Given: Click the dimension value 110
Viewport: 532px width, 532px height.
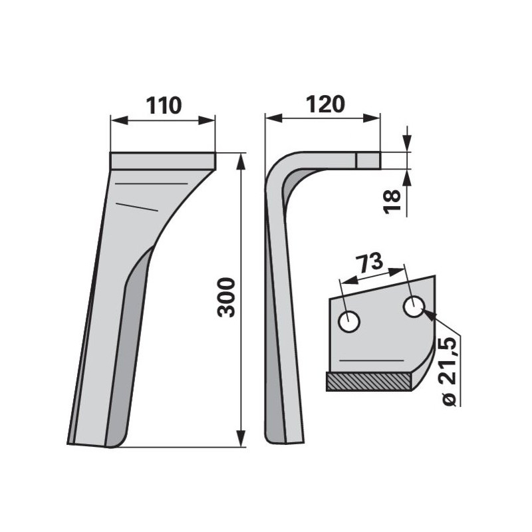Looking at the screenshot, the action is click(x=164, y=106).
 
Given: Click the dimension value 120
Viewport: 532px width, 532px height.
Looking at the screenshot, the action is click(x=325, y=104).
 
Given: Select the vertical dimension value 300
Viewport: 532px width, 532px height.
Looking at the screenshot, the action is click(x=226, y=297).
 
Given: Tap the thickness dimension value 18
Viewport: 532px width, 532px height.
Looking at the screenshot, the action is click(x=392, y=202).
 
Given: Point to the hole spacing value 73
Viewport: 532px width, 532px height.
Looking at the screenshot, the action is click(x=369, y=263).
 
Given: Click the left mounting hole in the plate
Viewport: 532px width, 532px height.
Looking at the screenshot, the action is click(x=349, y=321).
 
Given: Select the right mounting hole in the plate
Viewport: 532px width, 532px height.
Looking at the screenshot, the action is click(x=414, y=307).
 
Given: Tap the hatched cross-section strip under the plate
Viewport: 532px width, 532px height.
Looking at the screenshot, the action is click(x=369, y=381).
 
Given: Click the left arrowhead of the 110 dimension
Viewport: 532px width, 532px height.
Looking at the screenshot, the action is click(x=119, y=120).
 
